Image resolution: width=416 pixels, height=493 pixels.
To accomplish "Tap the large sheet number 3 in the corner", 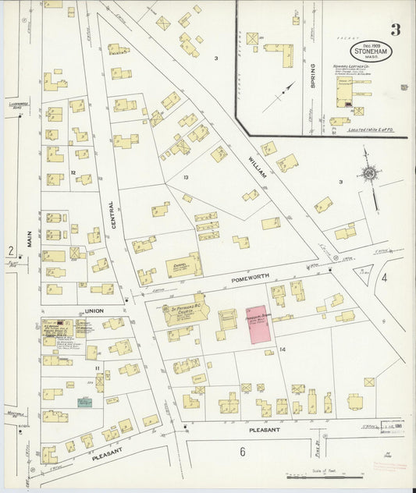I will coord(396,30).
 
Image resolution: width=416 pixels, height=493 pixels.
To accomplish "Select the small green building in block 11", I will coord(84,402).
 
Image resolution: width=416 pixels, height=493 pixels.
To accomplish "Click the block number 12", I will coord(72,172).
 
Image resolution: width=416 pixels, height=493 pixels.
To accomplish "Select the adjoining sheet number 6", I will coord(243,451).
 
